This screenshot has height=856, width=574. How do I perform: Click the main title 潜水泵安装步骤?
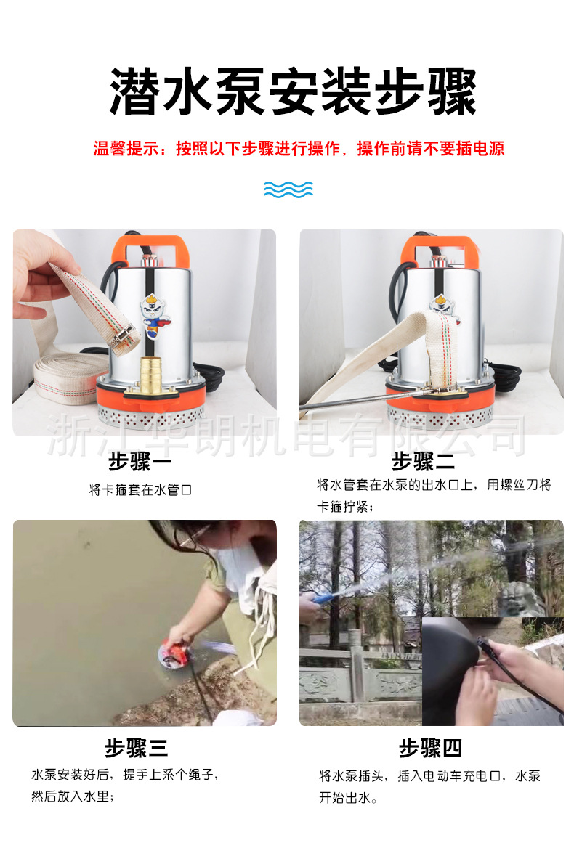tap(293, 93)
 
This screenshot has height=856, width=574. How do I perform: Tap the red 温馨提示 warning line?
tap(299, 149)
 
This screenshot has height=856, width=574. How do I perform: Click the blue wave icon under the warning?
tap(288, 189)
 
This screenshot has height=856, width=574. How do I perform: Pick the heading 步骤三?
tap(136, 748)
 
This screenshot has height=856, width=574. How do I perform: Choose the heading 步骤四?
tap(430, 748)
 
